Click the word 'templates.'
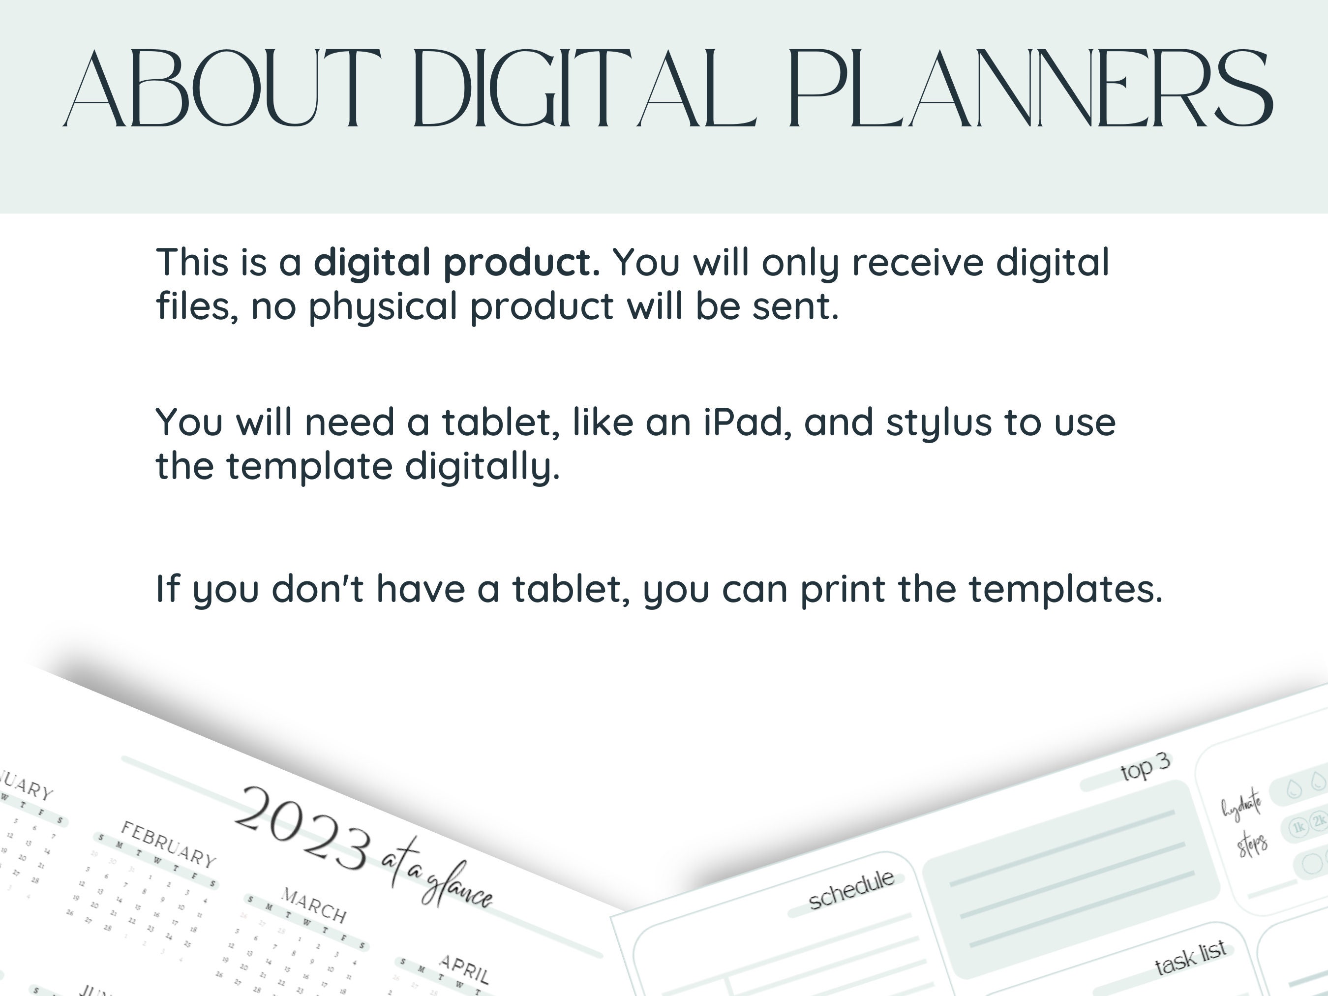(x=1066, y=590)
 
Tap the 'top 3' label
(x=1145, y=767)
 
